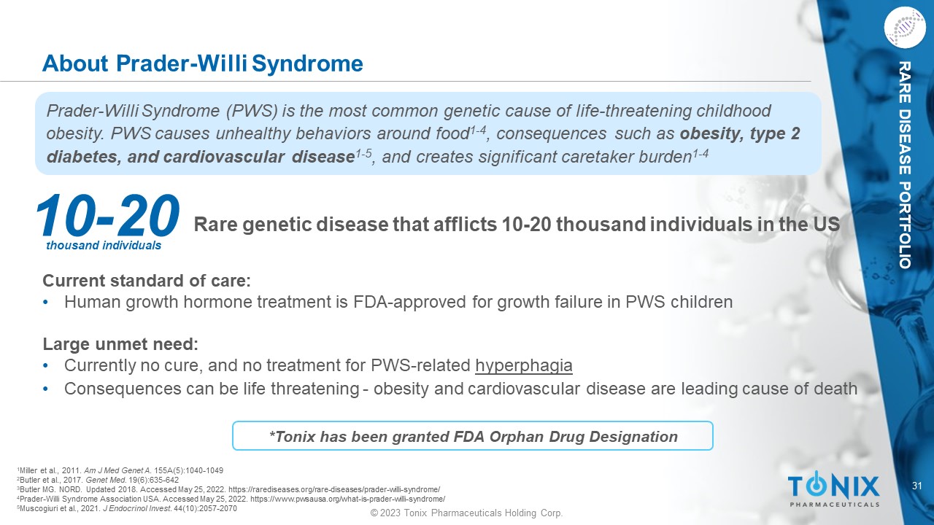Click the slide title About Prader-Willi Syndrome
click(203, 63)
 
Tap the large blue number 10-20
click(107, 215)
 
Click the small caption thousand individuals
click(104, 246)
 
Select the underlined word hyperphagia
click(524, 365)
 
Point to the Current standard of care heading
click(147, 281)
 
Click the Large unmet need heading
click(120, 344)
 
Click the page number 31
click(917, 486)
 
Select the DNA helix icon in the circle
click(905, 28)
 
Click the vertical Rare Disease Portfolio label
click(904, 165)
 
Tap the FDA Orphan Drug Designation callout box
click(473, 436)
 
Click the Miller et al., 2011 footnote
click(120, 470)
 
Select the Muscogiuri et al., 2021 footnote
click(127, 509)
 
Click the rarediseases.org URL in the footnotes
click(334, 489)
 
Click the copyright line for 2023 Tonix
click(466, 513)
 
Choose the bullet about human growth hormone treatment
click(398, 302)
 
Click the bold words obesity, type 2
click(740, 133)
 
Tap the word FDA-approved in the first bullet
click(409, 302)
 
